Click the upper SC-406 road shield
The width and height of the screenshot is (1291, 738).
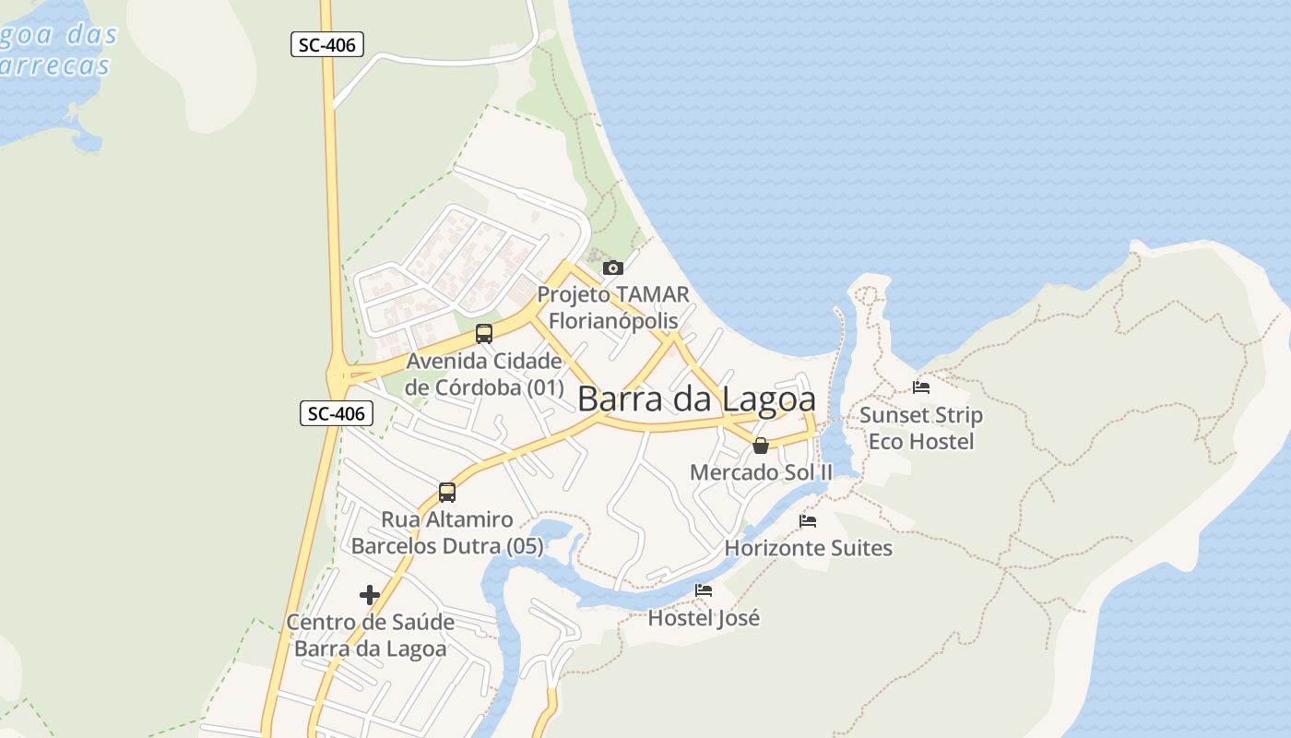327,44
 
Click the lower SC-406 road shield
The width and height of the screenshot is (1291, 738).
337,413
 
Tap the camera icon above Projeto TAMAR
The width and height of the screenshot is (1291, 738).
612,268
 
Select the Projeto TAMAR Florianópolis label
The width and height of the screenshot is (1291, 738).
613,307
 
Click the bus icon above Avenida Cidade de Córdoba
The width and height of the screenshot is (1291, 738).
484,334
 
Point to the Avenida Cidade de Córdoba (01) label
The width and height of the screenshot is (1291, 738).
484,374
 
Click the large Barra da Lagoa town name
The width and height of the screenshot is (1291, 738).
696,399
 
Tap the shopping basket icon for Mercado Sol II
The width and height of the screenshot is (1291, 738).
761,446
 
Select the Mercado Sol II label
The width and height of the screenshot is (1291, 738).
761,472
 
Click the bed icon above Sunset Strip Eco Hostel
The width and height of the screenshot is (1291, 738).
920,387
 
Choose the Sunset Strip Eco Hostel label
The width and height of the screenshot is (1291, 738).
921,428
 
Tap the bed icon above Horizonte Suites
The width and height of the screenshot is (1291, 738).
808,521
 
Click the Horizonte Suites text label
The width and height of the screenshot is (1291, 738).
808,548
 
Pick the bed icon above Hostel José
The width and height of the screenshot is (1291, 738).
704,590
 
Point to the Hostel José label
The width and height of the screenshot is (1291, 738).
704,618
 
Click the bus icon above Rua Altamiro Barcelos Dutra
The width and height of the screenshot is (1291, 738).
447,493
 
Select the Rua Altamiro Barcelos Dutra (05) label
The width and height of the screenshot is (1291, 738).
447,532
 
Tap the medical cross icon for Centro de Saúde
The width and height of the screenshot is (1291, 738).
370,595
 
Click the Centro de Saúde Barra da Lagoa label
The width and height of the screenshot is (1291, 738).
370,635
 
